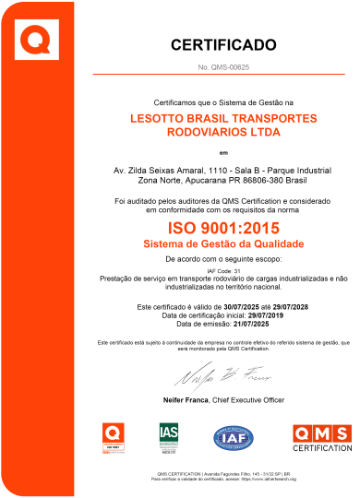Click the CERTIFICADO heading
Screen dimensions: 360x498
click(223, 43)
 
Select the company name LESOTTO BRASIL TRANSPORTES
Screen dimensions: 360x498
click(223, 119)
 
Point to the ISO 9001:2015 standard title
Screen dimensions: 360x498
click(222, 227)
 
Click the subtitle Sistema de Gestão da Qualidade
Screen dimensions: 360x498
click(223, 243)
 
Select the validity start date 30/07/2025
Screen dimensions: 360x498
click(242, 305)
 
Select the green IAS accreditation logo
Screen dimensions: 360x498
click(169, 436)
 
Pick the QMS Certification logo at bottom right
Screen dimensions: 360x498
click(320, 436)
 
